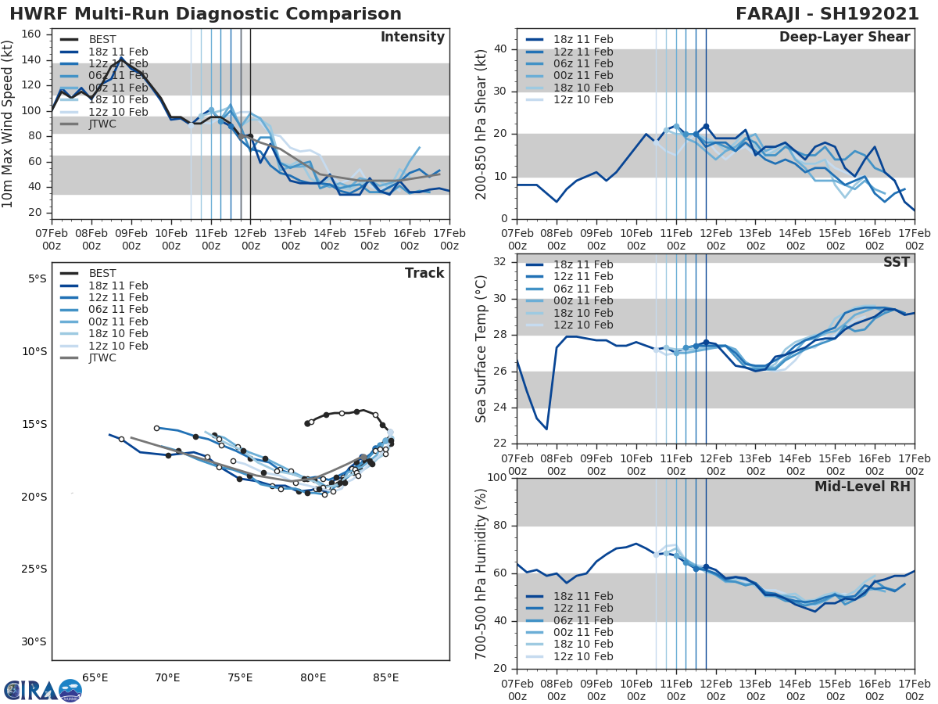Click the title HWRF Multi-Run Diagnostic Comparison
pos(206,14)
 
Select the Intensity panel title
pos(412,38)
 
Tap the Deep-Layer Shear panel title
pos(844,38)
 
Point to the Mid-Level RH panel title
pos(862,487)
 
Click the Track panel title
pos(424,273)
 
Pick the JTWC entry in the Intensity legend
pos(102,124)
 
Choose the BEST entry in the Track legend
pos(102,273)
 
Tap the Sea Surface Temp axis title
pos(481,349)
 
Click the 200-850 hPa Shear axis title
pos(481,124)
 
